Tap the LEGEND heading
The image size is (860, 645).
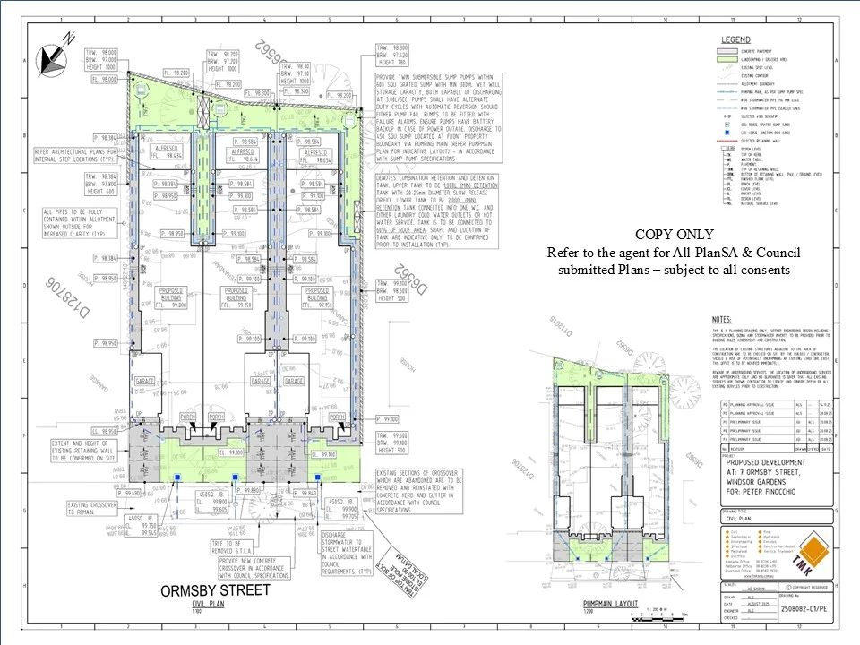click(736, 39)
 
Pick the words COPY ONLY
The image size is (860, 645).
click(674, 235)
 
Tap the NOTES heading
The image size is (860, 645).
click(720, 320)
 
